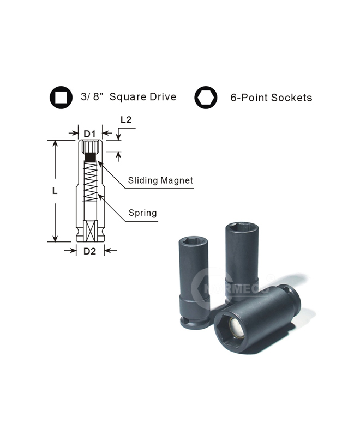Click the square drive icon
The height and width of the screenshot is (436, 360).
[61, 98]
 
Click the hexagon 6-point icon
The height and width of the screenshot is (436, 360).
[206, 98]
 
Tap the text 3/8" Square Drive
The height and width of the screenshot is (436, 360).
[129, 97]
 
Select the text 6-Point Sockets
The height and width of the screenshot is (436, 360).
[271, 98]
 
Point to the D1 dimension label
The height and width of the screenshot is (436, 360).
[89, 134]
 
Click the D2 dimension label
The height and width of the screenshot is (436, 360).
[89, 251]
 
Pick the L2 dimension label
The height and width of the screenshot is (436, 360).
[126, 120]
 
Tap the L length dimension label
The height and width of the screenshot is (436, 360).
[55, 191]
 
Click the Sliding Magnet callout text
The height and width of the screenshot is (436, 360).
[160, 180]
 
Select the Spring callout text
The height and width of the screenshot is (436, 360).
[143, 213]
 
